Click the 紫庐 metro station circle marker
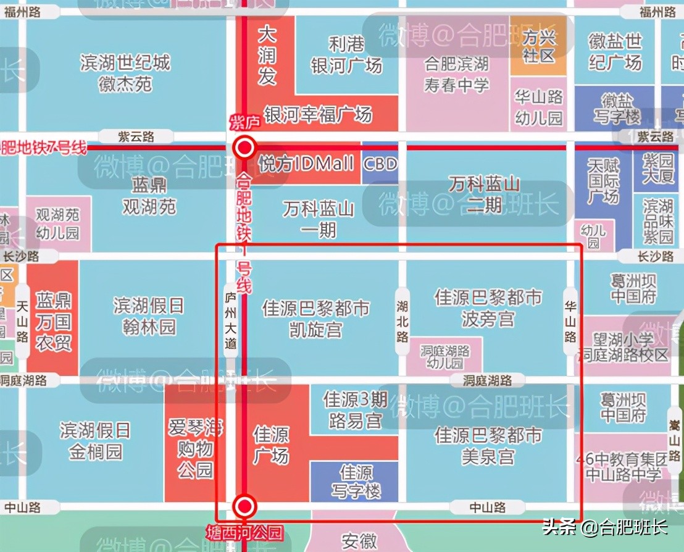click(245, 148)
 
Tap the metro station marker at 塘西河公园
click(245, 507)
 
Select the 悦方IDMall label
click(307, 164)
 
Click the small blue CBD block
click(379, 164)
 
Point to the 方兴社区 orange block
click(538, 47)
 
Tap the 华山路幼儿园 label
click(539, 107)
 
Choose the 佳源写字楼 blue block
click(356, 482)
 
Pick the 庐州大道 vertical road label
click(230, 321)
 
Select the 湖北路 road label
click(402, 320)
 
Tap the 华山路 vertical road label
click(570, 320)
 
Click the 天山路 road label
click(22, 321)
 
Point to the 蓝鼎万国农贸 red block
click(53, 322)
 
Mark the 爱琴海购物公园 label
click(196, 448)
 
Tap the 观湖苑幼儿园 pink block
click(57, 224)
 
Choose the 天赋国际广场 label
click(603, 181)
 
